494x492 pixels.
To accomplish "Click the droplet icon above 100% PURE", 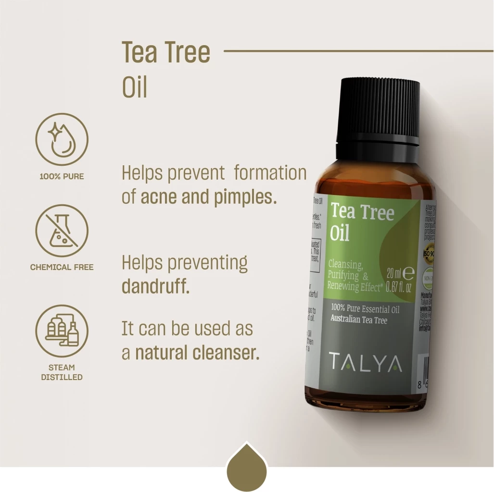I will click(62, 139).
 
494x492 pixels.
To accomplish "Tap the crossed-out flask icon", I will click(62, 230).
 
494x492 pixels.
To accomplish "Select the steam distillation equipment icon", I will click(62, 331).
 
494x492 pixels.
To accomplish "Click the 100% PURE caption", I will click(62, 176).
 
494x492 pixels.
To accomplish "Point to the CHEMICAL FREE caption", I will click(62, 267).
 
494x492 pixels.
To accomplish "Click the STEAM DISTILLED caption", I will click(62, 372).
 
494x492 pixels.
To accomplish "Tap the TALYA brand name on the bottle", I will click(366, 363).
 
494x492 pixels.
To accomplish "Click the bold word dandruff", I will click(155, 287).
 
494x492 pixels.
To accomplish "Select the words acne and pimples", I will click(209, 197).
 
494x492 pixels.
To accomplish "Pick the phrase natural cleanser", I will click(197, 353).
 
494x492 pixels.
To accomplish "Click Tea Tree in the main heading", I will click(166, 52).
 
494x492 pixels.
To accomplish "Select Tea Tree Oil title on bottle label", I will click(362, 221).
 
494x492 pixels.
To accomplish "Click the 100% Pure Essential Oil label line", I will click(365, 309).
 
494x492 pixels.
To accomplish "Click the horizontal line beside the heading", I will click(358, 50).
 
